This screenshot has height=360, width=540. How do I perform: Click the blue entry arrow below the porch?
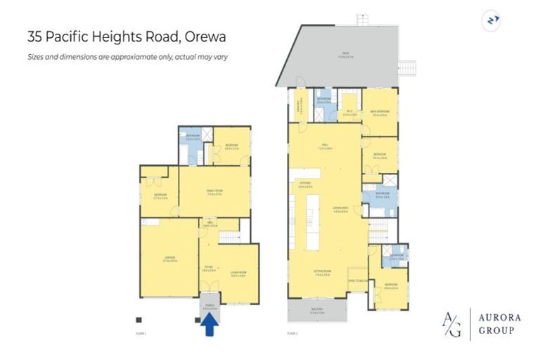[209, 326]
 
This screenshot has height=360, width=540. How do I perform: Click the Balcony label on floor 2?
[316, 311]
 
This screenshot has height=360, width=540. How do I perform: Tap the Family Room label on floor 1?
[214, 194]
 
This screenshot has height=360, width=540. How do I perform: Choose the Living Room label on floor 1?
[238, 275]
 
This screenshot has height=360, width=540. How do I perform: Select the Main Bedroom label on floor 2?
[380, 112]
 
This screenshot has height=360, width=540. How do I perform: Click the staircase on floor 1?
[231, 237]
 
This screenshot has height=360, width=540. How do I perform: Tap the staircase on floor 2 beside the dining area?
[378, 228]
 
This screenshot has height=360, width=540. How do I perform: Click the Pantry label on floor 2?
[298, 108]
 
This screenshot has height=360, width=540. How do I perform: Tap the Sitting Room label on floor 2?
[323, 275]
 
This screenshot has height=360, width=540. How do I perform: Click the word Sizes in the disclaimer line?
[35, 56]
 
